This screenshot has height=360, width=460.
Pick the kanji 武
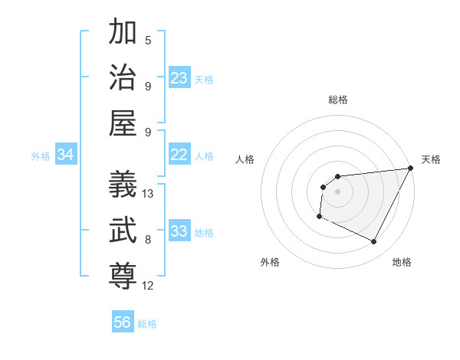[x=123, y=230]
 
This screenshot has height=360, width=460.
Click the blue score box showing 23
[x=179, y=78]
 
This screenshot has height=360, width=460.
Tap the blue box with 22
[x=179, y=155]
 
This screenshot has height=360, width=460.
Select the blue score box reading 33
[x=179, y=231]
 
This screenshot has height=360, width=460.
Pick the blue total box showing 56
[x=123, y=322]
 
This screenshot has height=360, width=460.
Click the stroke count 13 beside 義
[x=148, y=194]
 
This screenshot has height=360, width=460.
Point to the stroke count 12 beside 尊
[x=148, y=286]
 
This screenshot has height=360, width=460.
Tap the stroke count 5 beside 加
[x=148, y=40]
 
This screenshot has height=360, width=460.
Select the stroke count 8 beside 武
[x=148, y=240]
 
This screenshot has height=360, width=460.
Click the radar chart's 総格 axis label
[x=337, y=100]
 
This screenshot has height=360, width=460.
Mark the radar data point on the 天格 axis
[x=410, y=169]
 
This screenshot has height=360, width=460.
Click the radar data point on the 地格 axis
[x=374, y=242]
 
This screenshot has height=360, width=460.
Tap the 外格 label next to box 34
[x=41, y=156]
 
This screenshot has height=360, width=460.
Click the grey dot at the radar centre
[x=337, y=191]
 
